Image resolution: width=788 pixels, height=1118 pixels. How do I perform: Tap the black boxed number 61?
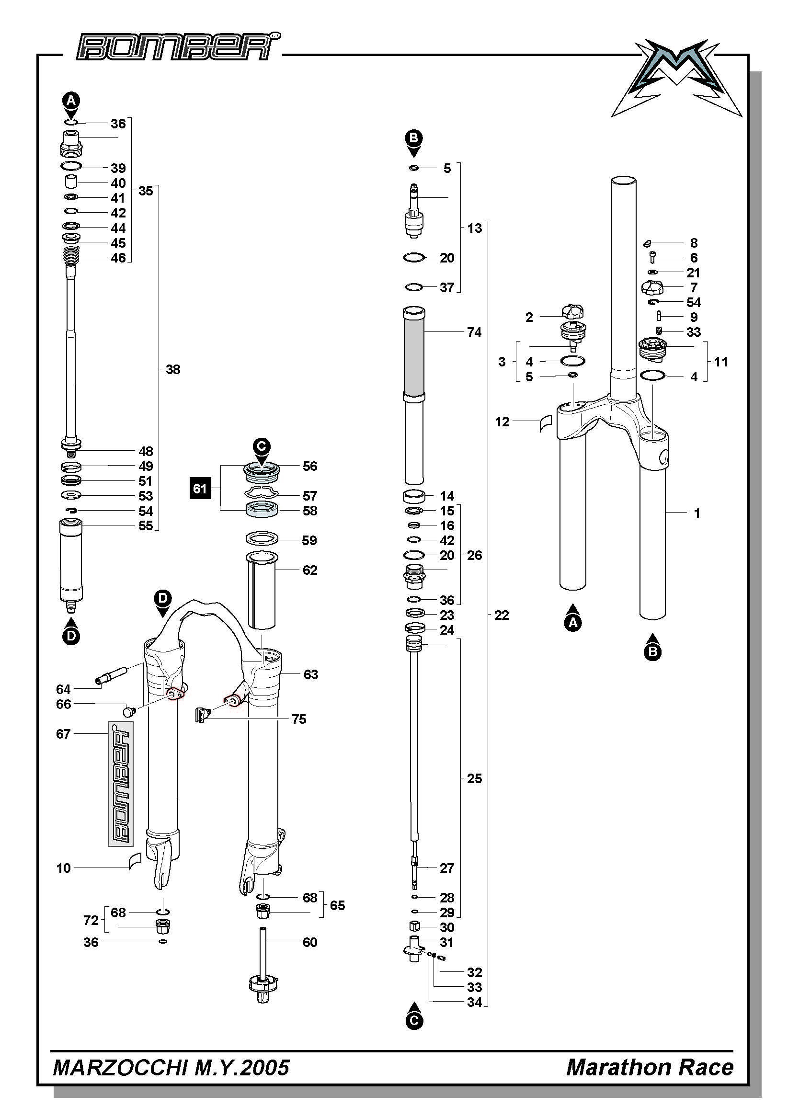tap(200, 488)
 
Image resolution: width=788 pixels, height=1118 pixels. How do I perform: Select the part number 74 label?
tap(474, 332)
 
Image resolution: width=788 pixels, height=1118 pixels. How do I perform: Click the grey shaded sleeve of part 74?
tap(413, 352)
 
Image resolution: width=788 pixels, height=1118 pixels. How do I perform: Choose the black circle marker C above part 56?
tap(262, 445)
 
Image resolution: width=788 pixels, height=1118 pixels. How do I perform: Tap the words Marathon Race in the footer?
tap(650, 1067)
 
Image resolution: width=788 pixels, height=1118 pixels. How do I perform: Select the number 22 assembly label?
tap(502, 615)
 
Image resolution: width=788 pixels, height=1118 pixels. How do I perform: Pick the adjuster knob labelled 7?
tap(652, 287)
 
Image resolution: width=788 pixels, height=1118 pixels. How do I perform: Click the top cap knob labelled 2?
tap(572, 311)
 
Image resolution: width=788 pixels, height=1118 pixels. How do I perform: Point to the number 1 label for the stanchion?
tap(697, 513)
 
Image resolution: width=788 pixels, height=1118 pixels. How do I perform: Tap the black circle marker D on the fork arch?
tap(163, 598)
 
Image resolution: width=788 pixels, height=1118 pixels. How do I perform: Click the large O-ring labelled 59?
tap(262, 539)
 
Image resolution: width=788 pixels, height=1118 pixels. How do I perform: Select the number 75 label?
tap(299, 719)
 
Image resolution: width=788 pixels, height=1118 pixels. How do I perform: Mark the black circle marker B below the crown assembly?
tap(652, 651)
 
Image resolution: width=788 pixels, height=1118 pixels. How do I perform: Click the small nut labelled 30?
tap(414, 926)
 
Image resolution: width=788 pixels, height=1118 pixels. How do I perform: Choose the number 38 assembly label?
tap(173, 370)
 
